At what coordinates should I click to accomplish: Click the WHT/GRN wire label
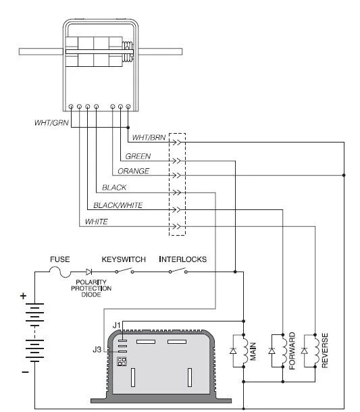coord(51,123)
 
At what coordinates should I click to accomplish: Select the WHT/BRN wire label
coord(149,137)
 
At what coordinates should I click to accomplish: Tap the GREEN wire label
coord(138,156)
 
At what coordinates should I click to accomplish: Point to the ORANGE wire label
coord(133,171)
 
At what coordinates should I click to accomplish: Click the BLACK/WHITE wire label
coord(118,205)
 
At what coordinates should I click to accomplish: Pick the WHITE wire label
coord(96,222)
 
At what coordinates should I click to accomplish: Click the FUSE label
coord(60,259)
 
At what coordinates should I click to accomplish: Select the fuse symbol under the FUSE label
coord(60,272)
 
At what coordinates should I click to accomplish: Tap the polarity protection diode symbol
coord(88,272)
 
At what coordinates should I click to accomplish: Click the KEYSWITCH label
coord(124,259)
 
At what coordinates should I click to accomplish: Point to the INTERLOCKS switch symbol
coord(178,271)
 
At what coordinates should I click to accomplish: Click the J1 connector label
coord(116,326)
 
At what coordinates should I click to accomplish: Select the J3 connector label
coord(97,349)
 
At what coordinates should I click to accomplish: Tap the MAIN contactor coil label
coord(253,351)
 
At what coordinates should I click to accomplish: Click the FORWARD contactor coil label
coord(292,351)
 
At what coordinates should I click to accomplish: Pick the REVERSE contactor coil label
coord(325,351)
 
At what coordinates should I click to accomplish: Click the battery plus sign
coord(23,296)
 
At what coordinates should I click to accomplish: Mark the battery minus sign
coord(25,371)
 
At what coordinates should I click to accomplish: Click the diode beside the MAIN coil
coord(233,351)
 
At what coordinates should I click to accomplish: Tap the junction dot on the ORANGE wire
coord(344,175)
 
